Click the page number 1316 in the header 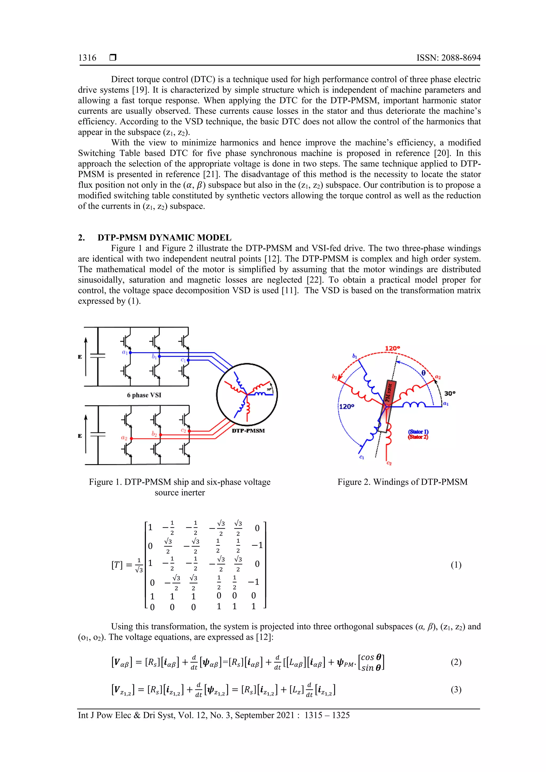click(x=87, y=58)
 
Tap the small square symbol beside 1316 click(x=113, y=58)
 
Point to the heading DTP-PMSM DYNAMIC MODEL click(x=164, y=238)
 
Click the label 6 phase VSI click(x=144, y=395)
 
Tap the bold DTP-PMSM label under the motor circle click(x=248, y=431)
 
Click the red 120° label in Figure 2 click(x=392, y=348)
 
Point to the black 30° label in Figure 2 click(x=450, y=393)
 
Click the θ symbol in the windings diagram click(x=423, y=373)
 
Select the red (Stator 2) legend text click(x=418, y=437)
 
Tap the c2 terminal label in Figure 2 click(x=389, y=463)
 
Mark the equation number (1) click(x=456, y=565)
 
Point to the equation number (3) click(x=456, y=690)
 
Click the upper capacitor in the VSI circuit click(x=98, y=356)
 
